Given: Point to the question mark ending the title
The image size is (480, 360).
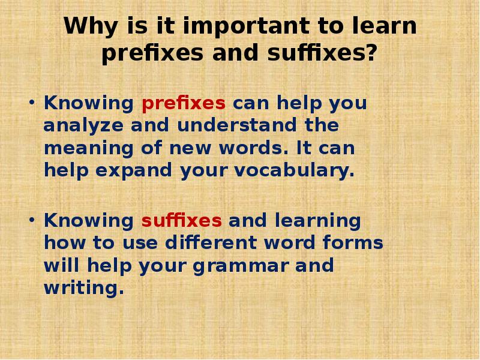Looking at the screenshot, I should pos(371,54).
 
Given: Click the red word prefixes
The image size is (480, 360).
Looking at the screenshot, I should pos(184,104).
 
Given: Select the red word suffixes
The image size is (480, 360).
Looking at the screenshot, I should pos(182,221).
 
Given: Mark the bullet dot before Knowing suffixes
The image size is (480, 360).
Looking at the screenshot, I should pos(32,220).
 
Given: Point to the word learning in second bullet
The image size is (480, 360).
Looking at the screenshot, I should pos(319,221).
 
